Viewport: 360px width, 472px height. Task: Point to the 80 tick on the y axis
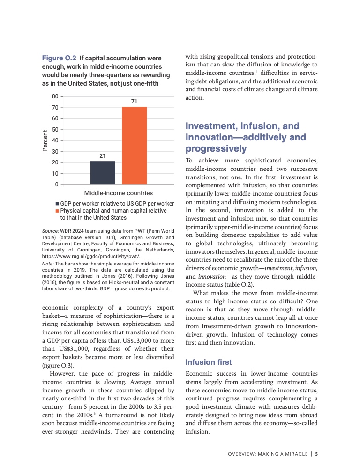55,96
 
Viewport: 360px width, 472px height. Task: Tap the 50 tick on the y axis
55,129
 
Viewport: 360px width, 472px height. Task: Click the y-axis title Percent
45,140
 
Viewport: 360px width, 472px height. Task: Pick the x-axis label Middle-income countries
118,193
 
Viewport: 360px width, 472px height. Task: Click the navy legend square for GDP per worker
57,205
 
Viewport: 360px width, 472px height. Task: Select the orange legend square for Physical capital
57,211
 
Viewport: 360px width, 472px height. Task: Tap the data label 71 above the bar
135,102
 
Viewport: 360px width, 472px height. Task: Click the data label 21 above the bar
103,155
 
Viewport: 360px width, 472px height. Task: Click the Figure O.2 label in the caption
59,59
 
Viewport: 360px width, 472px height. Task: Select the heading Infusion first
209,362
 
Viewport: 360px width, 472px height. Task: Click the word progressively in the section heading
216,149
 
